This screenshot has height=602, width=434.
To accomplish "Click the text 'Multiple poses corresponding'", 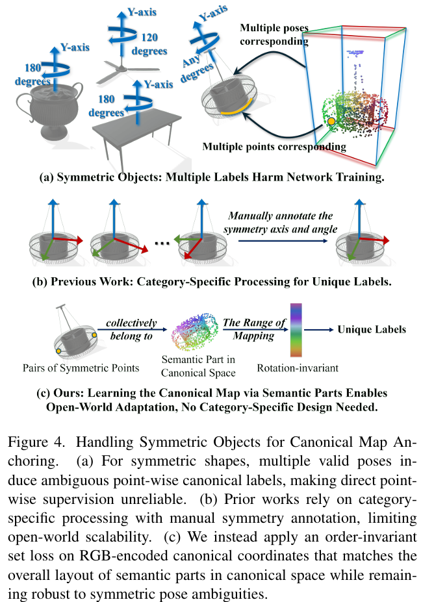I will (x=274, y=34).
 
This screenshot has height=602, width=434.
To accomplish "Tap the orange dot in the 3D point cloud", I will (x=331, y=121).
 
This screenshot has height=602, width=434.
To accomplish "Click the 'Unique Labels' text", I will (x=371, y=329).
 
